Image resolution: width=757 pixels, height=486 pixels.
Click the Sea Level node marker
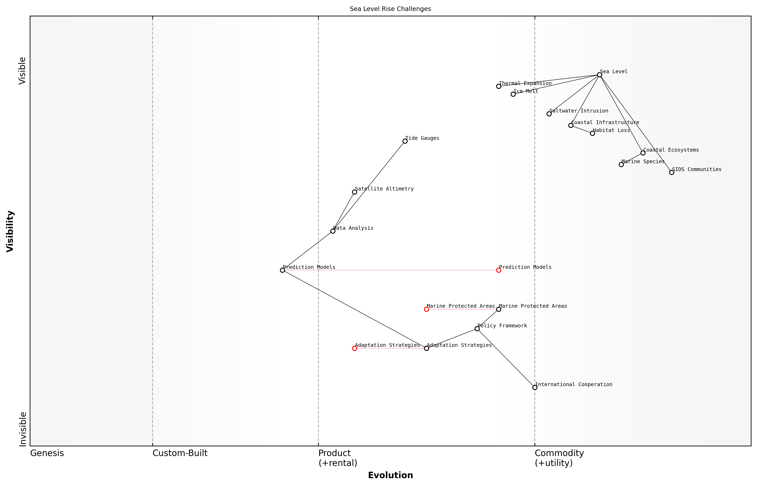(599, 75)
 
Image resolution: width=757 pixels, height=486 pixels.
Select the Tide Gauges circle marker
(405, 141)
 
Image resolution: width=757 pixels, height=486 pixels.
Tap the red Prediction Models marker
(499, 270)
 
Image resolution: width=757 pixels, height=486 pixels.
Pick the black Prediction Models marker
(282, 270)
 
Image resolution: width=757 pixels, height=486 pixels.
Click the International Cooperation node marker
(535, 387)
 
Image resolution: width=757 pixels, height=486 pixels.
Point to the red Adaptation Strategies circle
(355, 348)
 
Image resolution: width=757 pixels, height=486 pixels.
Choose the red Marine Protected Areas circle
(426, 309)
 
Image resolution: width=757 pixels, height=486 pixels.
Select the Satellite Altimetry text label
(384, 189)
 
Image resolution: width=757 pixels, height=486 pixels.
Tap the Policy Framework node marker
(477, 329)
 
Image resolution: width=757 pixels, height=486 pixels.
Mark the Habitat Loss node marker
(592, 133)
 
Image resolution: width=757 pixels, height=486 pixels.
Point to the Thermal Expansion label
(525, 83)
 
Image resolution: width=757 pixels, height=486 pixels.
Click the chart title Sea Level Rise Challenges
(390, 9)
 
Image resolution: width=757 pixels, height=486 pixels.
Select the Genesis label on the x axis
(47, 453)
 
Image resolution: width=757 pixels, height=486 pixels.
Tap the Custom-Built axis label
(180, 453)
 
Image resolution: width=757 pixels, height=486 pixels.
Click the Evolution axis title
(390, 475)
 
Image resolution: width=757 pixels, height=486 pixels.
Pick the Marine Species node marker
(621, 164)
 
